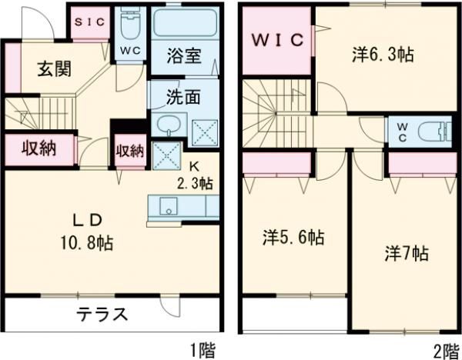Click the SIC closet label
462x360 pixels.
[x=89, y=23]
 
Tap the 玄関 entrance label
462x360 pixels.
[x=55, y=68]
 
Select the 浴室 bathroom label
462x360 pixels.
[x=186, y=56]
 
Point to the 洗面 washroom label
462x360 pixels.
[x=185, y=98]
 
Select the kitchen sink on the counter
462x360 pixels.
[x=167, y=205]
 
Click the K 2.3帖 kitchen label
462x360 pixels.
[x=196, y=175]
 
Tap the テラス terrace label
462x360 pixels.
[x=101, y=315]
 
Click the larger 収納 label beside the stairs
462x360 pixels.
[x=36, y=149]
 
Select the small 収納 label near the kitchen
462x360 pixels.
[x=130, y=150]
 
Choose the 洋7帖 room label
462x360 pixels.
[x=406, y=254]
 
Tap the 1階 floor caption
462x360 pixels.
[x=204, y=350]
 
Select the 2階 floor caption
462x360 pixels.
[x=444, y=350]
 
